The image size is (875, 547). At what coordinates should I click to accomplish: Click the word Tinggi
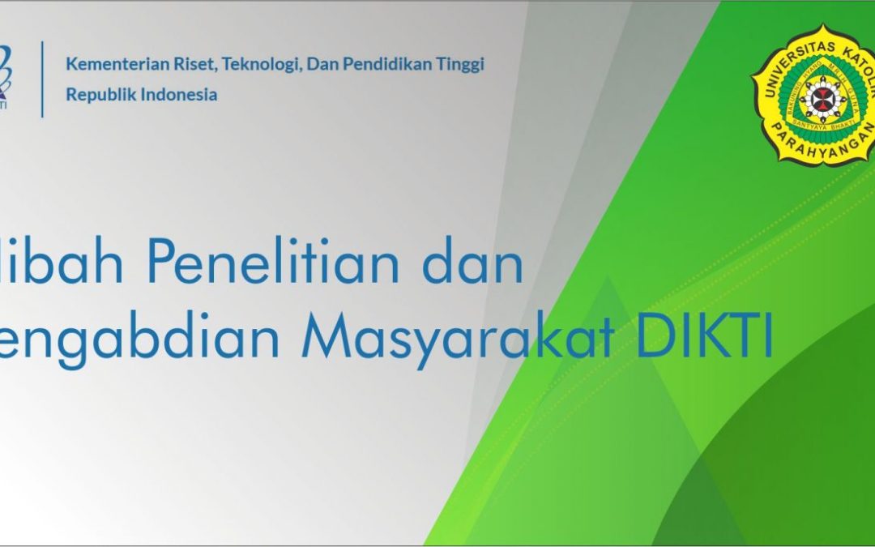[462, 65]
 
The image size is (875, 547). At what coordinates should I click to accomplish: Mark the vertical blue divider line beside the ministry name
[43, 79]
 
